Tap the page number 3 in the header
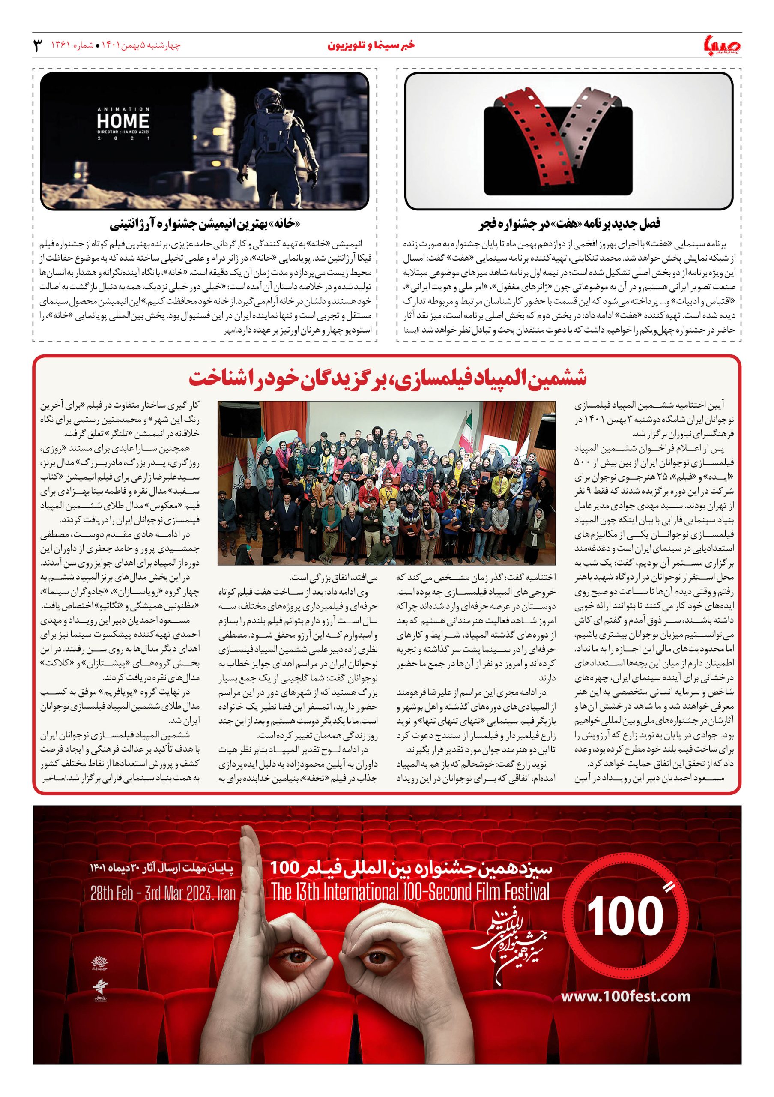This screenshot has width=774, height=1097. (x=37, y=46)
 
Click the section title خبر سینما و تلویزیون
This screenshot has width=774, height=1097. (x=371, y=45)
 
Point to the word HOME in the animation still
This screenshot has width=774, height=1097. (x=123, y=121)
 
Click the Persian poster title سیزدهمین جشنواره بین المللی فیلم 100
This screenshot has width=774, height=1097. (x=410, y=868)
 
